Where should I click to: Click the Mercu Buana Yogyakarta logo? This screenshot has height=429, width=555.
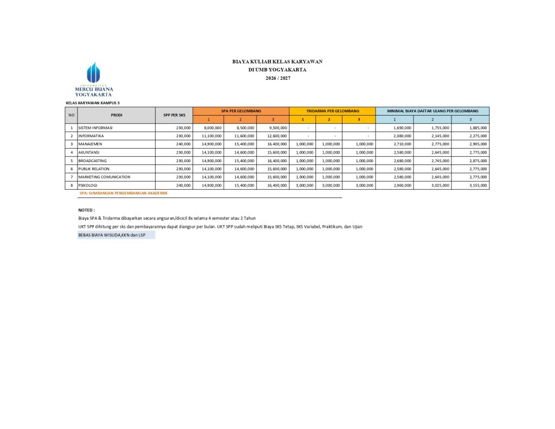click(x=94, y=79)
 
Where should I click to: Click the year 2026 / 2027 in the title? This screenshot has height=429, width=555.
click(x=277, y=78)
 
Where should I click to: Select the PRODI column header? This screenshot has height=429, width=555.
click(x=117, y=115)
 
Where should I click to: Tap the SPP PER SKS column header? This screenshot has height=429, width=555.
click(x=174, y=115)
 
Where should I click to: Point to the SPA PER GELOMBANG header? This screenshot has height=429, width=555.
click(x=241, y=111)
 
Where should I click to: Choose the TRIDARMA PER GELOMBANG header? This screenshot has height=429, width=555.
click(x=332, y=111)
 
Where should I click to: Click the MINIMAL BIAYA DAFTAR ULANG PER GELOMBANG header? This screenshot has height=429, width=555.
click(x=433, y=111)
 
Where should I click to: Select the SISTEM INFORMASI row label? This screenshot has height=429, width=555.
click(x=95, y=127)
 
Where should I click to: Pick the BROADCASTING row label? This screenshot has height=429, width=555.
click(x=92, y=161)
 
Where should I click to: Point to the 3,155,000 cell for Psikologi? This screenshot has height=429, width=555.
click(x=477, y=185)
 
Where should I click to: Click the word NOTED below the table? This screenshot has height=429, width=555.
click(x=87, y=209)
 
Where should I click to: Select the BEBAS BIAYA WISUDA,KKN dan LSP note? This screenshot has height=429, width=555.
click(x=112, y=235)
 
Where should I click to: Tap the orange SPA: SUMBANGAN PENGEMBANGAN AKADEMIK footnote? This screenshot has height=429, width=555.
click(x=124, y=193)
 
